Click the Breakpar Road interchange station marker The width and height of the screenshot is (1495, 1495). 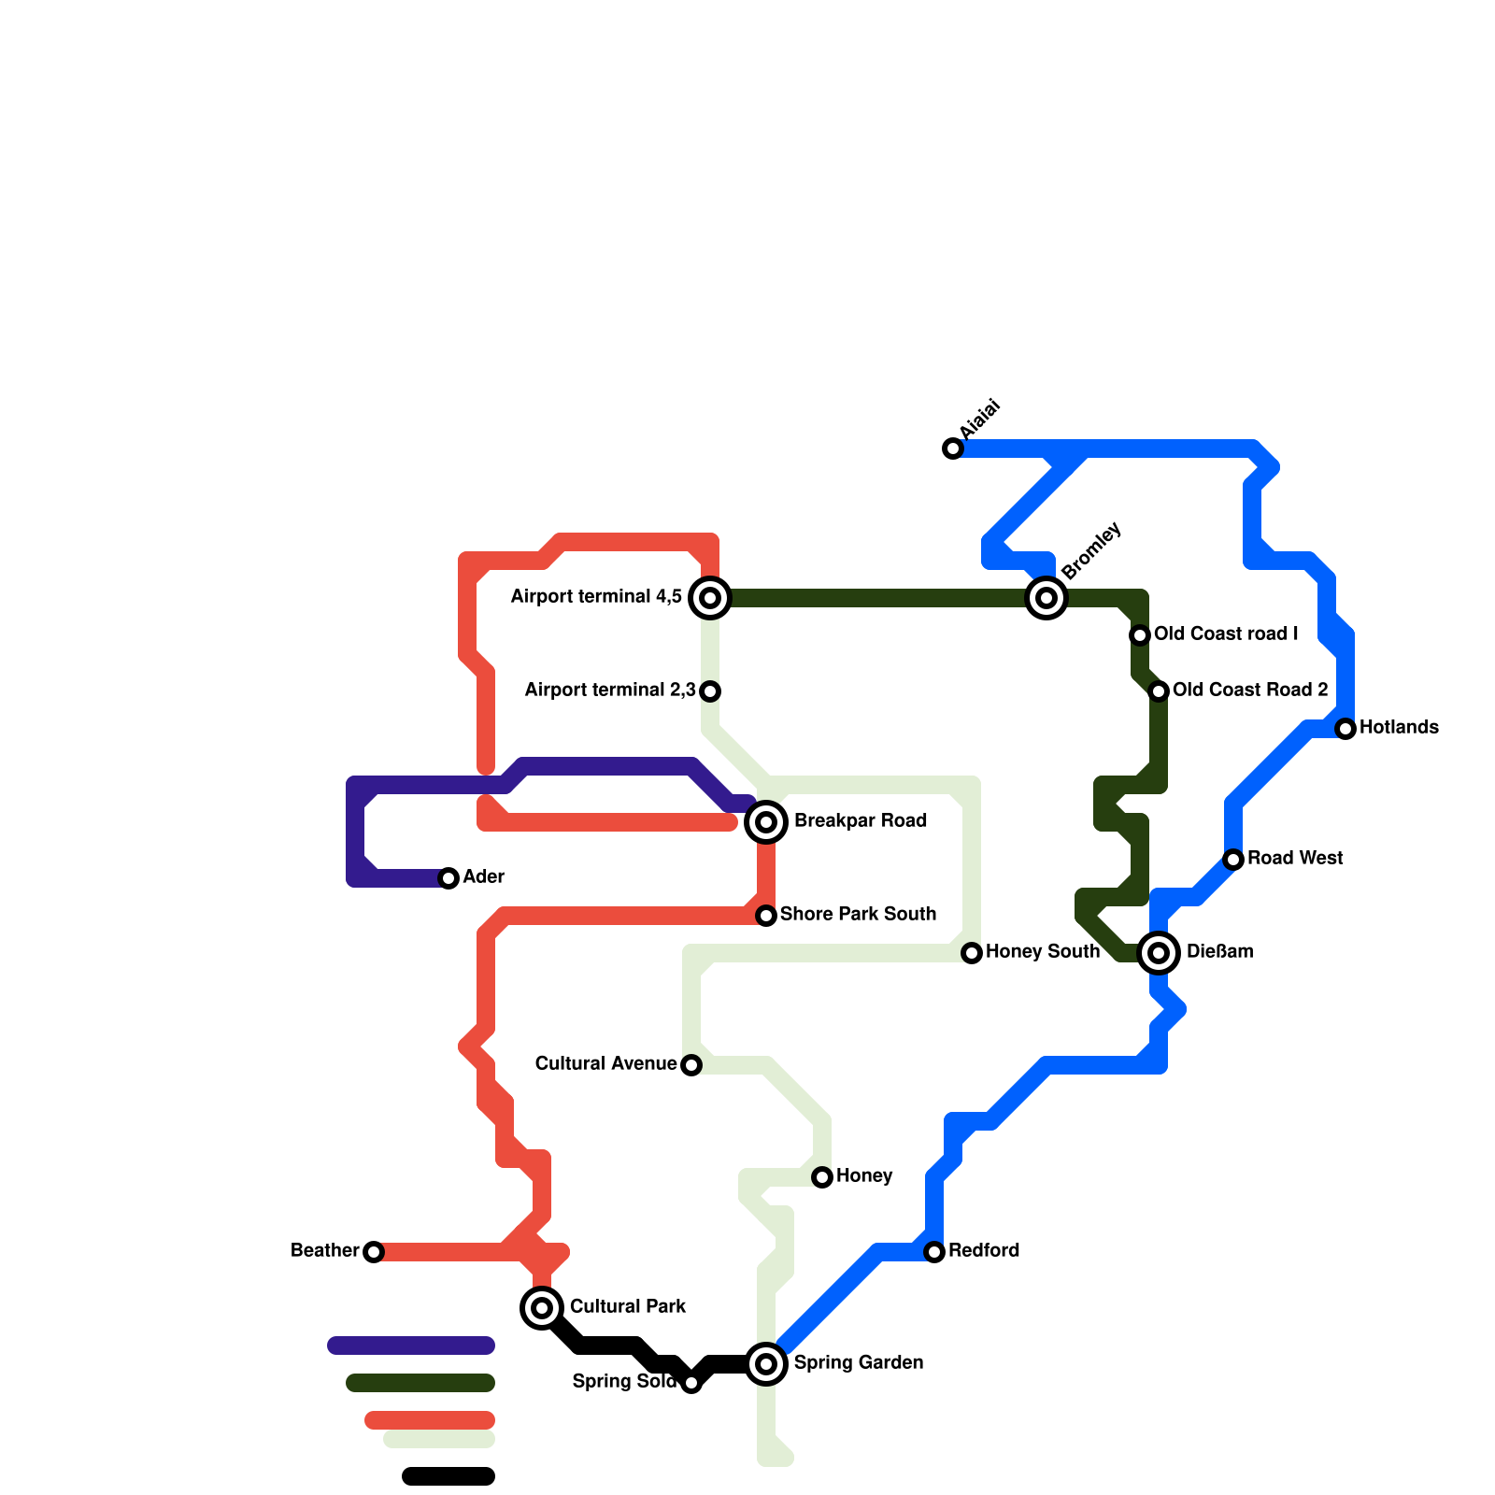(766, 822)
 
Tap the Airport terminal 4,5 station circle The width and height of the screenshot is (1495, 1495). (710, 598)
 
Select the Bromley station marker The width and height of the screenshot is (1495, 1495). (1046, 598)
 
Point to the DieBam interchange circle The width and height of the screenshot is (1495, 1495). (1159, 953)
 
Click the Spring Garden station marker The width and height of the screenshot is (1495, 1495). (766, 1364)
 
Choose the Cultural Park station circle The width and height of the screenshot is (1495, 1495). (542, 1308)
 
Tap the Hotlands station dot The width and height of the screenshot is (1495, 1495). (1345, 729)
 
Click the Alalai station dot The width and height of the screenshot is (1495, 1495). (953, 448)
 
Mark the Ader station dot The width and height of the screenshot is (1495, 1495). (448, 878)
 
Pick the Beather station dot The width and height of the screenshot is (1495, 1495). (374, 1252)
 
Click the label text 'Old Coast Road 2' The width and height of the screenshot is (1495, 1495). (1250, 691)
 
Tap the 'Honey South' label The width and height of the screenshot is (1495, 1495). (1042, 952)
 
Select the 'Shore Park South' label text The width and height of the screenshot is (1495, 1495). (858, 915)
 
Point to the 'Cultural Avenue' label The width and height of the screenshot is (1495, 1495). (605, 1064)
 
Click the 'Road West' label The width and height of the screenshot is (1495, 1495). (1295, 859)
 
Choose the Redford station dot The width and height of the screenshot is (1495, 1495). (934, 1252)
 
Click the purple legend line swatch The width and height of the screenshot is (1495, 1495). (411, 1345)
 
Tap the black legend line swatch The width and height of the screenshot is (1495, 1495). (448, 1476)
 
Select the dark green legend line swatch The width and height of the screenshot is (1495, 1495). (420, 1383)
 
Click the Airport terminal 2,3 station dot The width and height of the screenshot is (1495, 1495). (710, 691)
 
